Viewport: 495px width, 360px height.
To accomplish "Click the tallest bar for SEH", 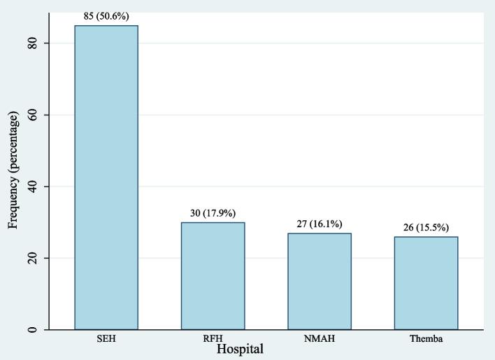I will point(106,178).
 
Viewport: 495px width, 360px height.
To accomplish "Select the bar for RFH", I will point(213,276).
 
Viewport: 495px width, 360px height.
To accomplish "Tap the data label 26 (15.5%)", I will point(426,228).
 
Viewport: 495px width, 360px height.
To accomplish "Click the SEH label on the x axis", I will point(106,340).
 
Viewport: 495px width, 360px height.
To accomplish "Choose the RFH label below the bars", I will point(213,340).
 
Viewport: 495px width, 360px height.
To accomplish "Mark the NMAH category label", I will point(319,340).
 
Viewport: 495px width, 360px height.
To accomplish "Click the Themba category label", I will point(426,340).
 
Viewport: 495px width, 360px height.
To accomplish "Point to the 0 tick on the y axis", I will point(33,330).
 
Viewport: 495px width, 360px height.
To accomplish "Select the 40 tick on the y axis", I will point(33,187).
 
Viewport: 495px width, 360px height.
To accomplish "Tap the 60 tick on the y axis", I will point(33,115).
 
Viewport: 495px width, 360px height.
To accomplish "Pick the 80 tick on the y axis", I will point(33,43).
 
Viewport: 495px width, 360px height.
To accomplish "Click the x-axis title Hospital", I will point(240,349).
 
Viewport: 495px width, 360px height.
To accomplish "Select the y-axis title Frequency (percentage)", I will point(13,170).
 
